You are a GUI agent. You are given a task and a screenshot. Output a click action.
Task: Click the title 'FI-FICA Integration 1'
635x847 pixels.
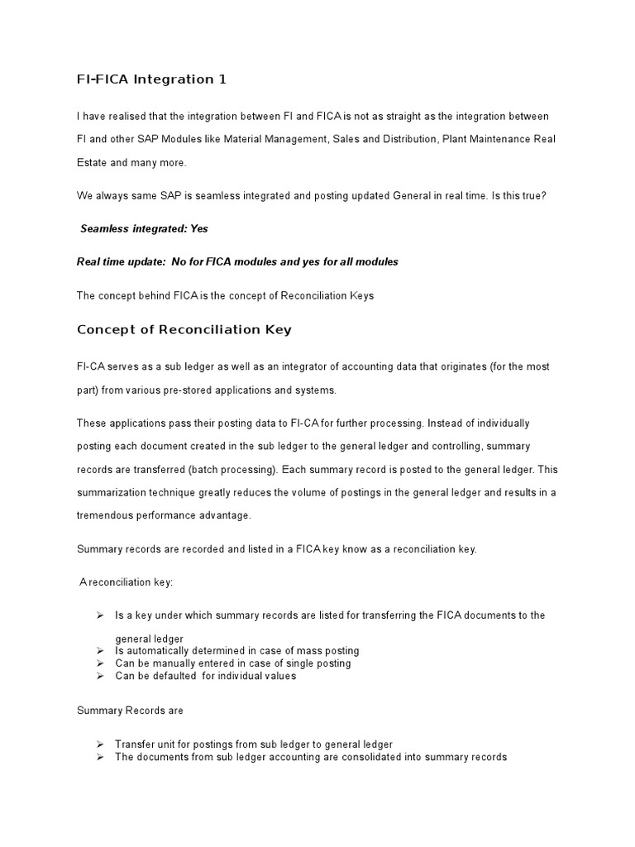151,79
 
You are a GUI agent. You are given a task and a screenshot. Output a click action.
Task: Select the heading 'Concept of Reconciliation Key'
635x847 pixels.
184,329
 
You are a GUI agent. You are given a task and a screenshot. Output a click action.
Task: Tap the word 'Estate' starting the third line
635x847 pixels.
93,163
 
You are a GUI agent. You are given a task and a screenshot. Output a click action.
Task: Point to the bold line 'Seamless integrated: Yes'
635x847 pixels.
144,228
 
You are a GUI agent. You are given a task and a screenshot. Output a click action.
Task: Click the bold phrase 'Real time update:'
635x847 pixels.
121,261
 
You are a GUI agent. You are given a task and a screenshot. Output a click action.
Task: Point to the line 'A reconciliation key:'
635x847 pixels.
126,582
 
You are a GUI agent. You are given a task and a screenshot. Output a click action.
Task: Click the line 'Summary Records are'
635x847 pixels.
130,711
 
